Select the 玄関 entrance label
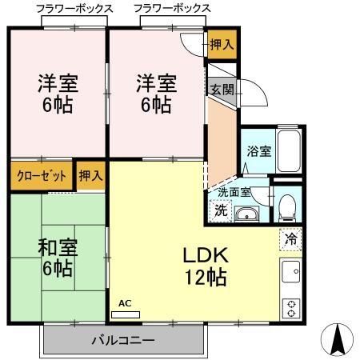tap(222, 90)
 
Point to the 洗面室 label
tap(234, 193)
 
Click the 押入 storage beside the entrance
tap(222, 45)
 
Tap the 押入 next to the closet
tap(90, 176)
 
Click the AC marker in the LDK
tap(125, 303)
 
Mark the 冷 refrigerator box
tap(290, 238)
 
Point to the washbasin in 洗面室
tap(247, 212)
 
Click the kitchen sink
tap(290, 273)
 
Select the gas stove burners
tap(290, 306)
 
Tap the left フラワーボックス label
tap(74, 8)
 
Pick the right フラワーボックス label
tap(172, 8)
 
